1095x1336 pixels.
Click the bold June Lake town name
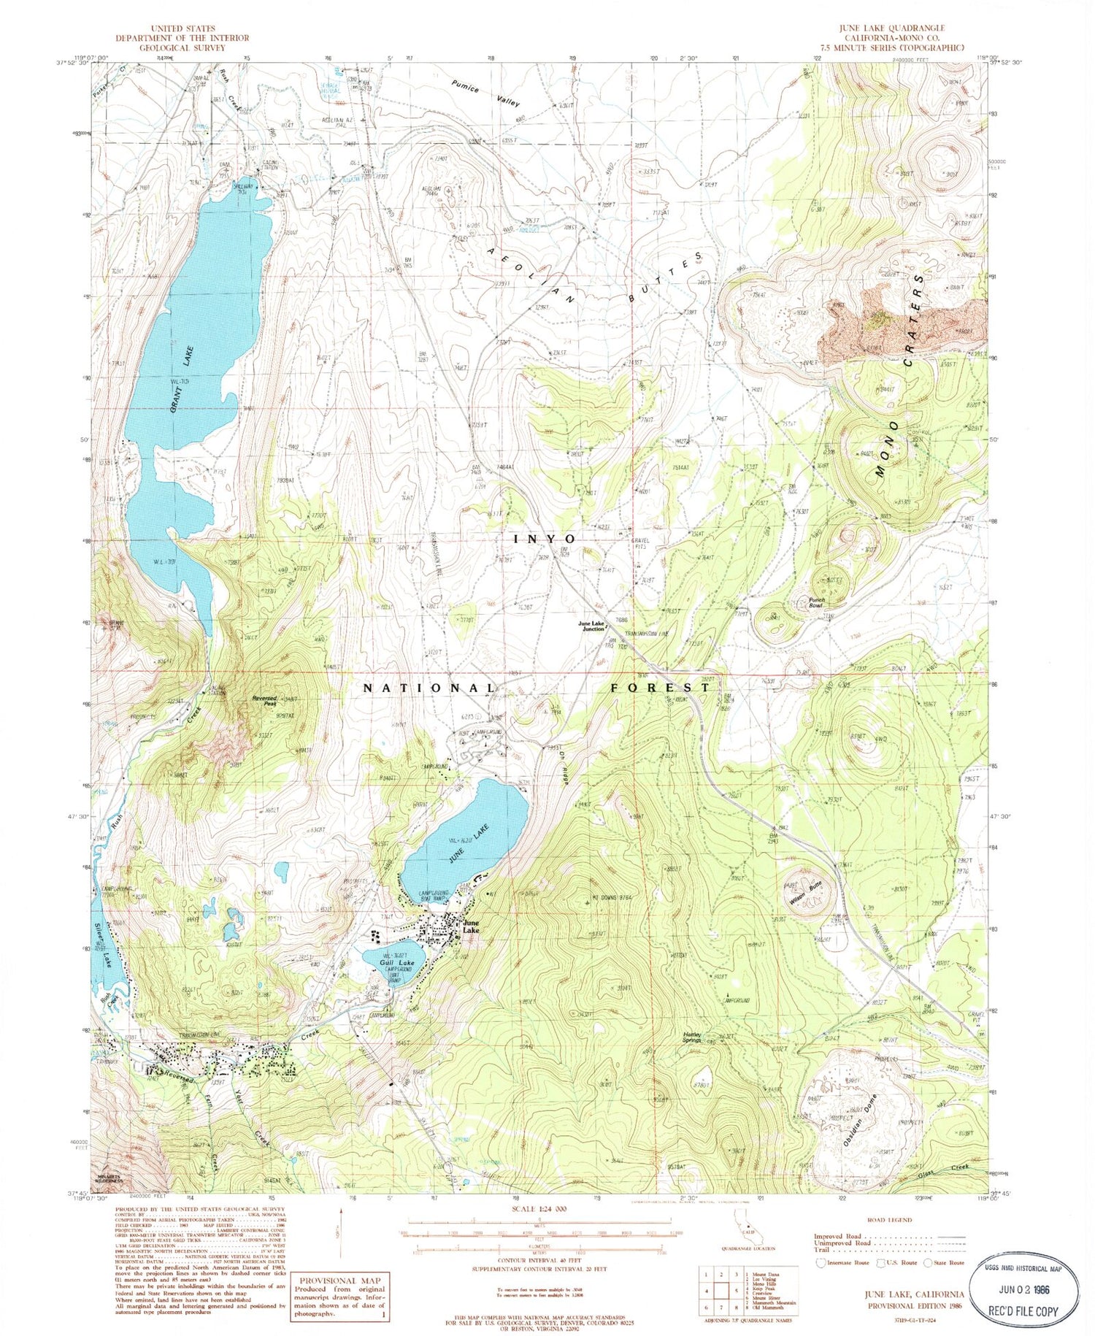pos(471,926)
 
